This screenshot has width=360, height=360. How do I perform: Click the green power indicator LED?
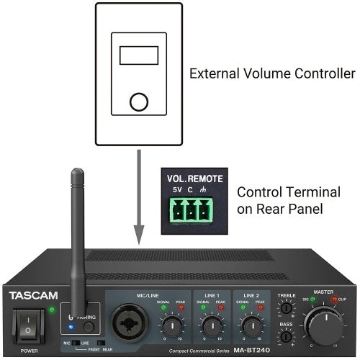click(x=53, y=310)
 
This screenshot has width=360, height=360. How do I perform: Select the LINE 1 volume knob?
click(x=211, y=326)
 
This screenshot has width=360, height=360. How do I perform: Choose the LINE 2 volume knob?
click(x=251, y=326)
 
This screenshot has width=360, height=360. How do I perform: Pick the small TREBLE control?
click(x=286, y=308)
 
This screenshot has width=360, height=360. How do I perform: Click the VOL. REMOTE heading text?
click(x=195, y=179)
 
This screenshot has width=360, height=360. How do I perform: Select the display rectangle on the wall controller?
click(x=138, y=55)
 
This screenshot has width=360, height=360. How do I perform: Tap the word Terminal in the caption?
click(x=299, y=192)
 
